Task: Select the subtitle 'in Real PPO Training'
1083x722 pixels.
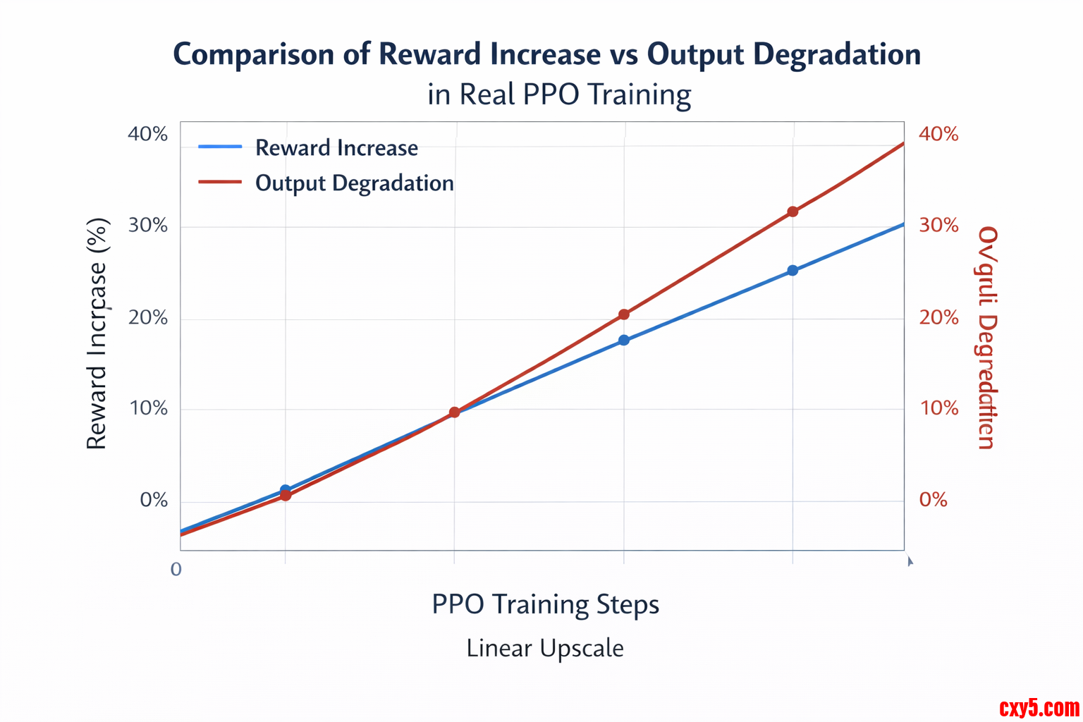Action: click(x=559, y=94)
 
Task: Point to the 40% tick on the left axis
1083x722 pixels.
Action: click(x=147, y=134)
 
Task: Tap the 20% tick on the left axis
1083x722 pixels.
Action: click(x=147, y=318)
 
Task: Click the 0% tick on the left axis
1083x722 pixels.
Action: click(x=154, y=501)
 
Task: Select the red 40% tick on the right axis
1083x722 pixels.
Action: click(x=938, y=134)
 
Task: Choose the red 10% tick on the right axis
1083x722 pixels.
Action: click(x=938, y=408)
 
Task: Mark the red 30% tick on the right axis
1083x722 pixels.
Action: click(x=938, y=226)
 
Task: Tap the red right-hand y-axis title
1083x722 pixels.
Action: click(x=987, y=337)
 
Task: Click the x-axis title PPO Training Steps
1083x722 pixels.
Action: click(x=545, y=605)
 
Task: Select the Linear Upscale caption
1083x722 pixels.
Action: click(x=545, y=648)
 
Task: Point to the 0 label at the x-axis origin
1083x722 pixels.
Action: click(x=176, y=569)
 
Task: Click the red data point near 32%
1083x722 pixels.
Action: click(x=793, y=212)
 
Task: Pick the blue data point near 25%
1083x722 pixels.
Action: click(x=793, y=270)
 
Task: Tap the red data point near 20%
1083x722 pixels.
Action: click(x=624, y=314)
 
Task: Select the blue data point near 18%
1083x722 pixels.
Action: click(x=624, y=341)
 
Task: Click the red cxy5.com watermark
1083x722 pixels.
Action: click(x=1039, y=707)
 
